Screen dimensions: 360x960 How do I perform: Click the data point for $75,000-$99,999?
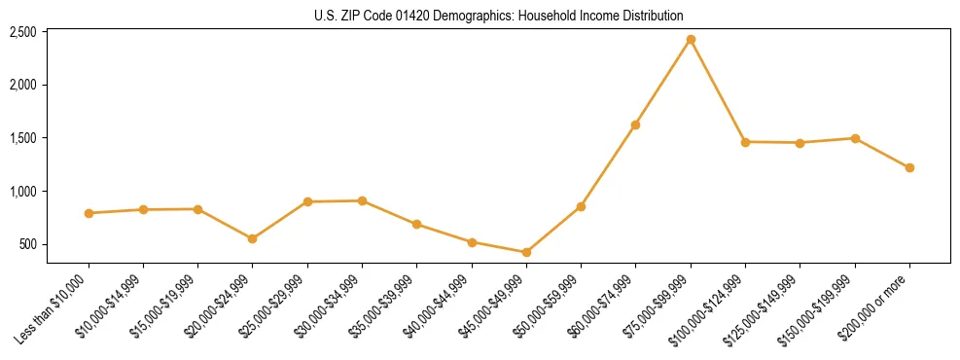[691, 40]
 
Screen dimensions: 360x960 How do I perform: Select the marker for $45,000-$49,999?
[526, 253]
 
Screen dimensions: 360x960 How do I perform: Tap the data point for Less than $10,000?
[89, 213]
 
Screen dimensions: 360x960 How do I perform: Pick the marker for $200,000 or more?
[909, 167]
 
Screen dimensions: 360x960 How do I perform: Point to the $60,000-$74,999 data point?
[635, 125]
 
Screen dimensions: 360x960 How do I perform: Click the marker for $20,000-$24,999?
[253, 238]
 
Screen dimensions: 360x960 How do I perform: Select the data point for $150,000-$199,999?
[855, 138]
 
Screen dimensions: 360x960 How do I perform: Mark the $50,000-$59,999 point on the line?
[581, 206]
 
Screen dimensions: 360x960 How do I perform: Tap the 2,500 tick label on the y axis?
[22, 32]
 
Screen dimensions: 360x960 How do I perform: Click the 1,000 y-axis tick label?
[22, 192]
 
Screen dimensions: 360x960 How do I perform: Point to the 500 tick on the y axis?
[28, 244]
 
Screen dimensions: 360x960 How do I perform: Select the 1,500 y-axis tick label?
[22, 138]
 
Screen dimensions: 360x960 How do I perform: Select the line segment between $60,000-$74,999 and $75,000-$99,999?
[662, 83]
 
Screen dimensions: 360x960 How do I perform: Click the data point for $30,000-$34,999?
[362, 200]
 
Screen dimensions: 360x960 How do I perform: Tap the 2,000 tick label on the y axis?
[22, 85]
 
